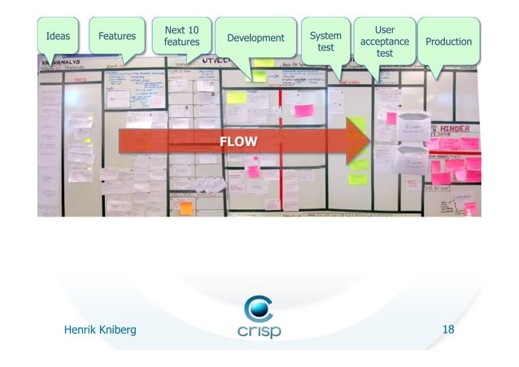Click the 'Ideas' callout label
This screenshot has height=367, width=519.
(58, 36)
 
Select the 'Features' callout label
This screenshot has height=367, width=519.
(117, 36)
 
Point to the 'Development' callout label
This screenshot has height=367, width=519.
(255, 37)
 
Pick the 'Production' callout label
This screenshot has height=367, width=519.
(449, 41)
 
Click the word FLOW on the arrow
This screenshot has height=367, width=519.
(238, 143)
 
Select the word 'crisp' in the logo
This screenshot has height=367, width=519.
(259, 332)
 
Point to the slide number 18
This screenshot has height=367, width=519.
(447, 330)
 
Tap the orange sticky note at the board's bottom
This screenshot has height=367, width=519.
(186, 208)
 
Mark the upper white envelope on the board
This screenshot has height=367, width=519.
(412, 125)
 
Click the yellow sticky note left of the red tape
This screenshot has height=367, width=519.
(236, 97)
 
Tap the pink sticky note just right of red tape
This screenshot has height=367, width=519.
(304, 110)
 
